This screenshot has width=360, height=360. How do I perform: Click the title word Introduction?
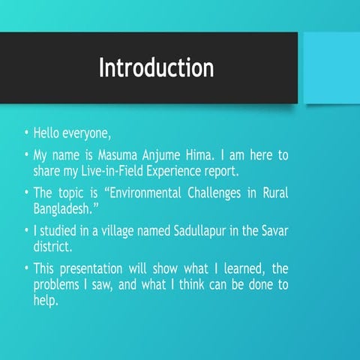156,67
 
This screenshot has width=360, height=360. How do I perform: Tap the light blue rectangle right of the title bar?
329,68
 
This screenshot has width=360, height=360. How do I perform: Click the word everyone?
88,134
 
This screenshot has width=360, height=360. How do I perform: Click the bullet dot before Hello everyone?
26,135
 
